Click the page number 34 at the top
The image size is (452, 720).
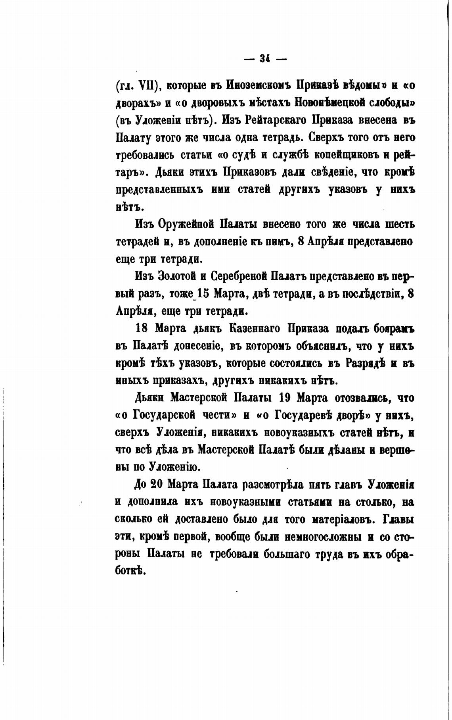point(265,59)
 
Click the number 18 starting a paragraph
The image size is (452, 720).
point(142,329)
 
